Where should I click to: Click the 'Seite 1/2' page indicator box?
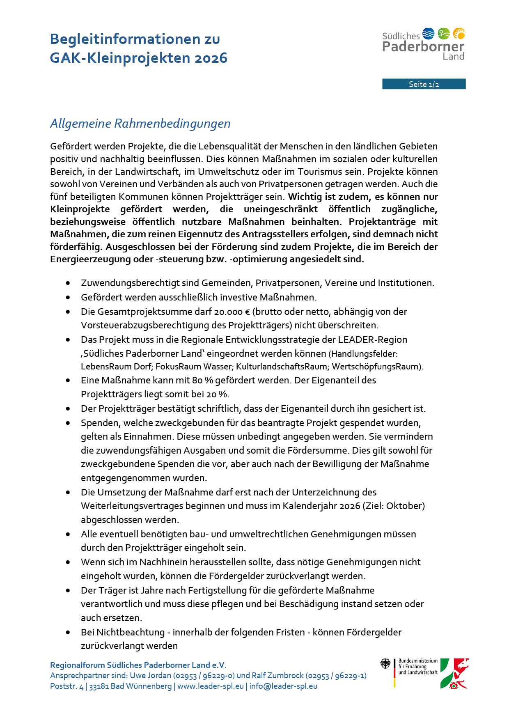424,84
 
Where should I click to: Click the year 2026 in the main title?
211,58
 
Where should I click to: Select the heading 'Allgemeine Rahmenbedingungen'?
140,123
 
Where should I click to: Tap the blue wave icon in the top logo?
428,33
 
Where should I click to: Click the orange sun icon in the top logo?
459,33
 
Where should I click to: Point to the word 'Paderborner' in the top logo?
423,46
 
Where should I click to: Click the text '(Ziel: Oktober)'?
393,506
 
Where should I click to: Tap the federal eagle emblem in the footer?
385,664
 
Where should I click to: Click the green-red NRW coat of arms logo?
454,673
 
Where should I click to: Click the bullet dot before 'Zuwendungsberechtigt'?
68,283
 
